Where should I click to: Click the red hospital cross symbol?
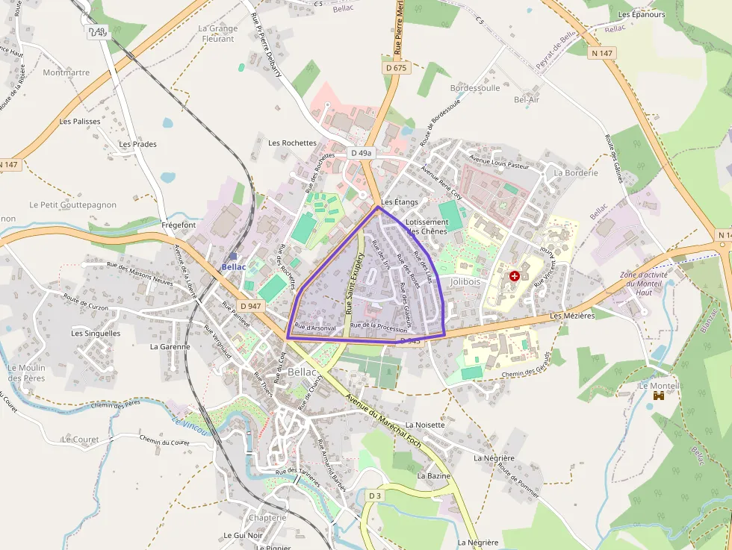pos(514,276)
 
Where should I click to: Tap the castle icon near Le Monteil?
pos(659,396)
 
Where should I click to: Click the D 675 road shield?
pos(397,67)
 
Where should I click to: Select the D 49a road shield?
pos(361,153)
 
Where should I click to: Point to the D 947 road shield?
pos(252,306)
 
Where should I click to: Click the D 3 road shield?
pos(375,496)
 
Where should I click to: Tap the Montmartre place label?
pos(66,73)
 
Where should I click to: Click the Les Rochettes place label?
pos(292,143)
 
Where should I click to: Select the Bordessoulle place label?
pos(475,88)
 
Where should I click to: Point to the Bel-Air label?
pos(527,99)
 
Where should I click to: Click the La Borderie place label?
pos(576,172)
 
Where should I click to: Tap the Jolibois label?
pos(465,282)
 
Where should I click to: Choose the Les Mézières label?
pos(572,316)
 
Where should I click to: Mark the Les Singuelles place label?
pos(96,334)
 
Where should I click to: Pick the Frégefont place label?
pos(179,225)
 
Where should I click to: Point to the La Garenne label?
pos(170,346)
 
